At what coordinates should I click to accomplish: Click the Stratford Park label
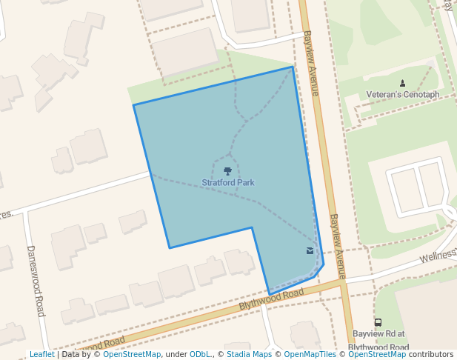click(x=228, y=182)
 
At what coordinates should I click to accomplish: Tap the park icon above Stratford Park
click(x=227, y=171)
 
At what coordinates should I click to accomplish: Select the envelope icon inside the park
click(x=309, y=251)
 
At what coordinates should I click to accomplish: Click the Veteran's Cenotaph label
click(x=403, y=95)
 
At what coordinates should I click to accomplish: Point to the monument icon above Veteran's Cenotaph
click(x=402, y=83)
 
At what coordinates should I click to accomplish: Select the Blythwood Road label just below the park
click(x=271, y=299)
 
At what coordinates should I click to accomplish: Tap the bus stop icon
click(x=378, y=323)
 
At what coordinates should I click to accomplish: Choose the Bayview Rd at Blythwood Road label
click(x=378, y=340)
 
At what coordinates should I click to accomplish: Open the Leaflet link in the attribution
click(x=41, y=354)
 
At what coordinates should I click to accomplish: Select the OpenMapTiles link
click(x=310, y=354)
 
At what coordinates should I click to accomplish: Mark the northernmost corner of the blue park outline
click(x=293, y=67)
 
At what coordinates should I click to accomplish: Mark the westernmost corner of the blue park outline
click(x=133, y=105)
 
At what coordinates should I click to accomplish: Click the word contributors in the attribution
click(x=431, y=354)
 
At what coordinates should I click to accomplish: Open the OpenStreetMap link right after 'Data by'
click(x=132, y=354)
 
